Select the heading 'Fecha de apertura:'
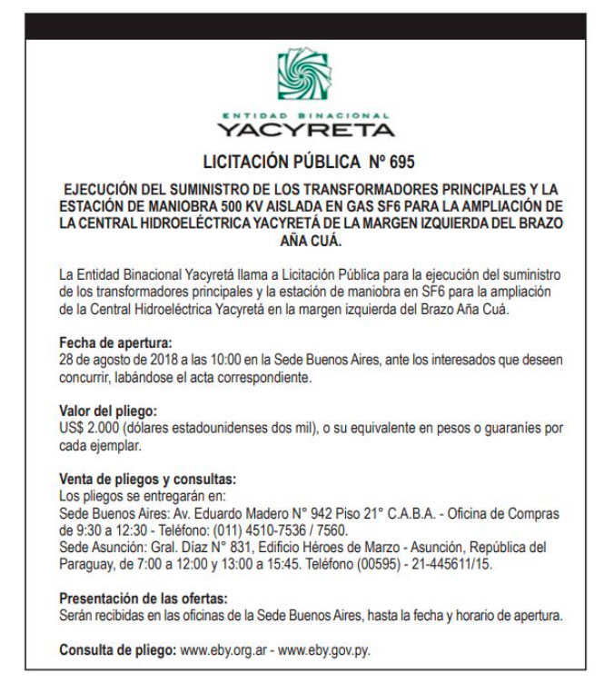pyautogui.click(x=115, y=344)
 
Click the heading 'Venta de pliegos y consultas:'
pyautogui.click(x=148, y=478)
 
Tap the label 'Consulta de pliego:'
pyautogui.click(x=118, y=650)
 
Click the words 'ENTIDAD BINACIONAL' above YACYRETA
pyautogui.click(x=306, y=116)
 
